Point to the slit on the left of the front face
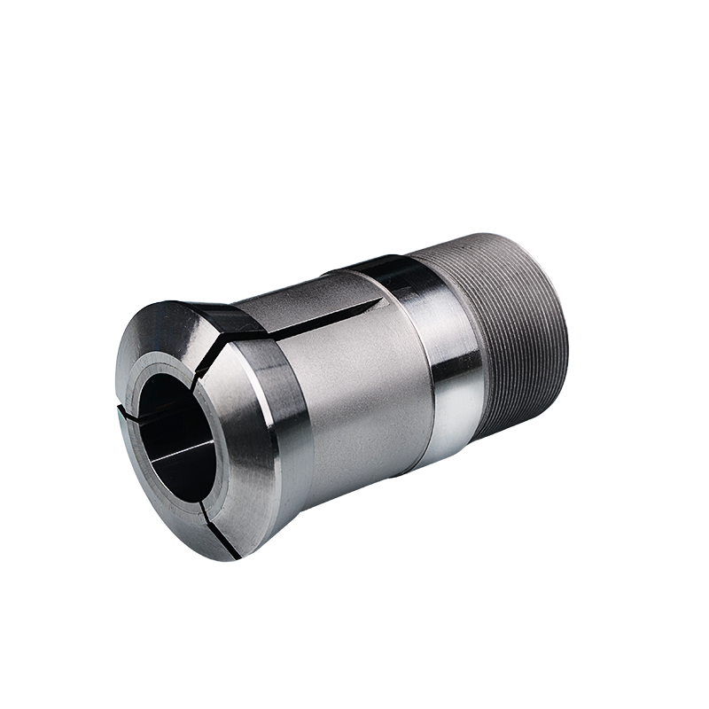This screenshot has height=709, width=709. [123, 412]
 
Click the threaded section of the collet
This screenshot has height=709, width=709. [514, 337]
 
